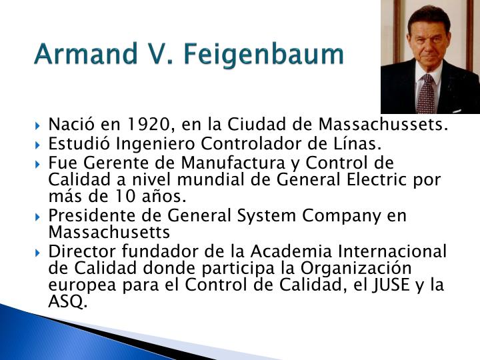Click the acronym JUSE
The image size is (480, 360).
pyautogui.click(x=399, y=285)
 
